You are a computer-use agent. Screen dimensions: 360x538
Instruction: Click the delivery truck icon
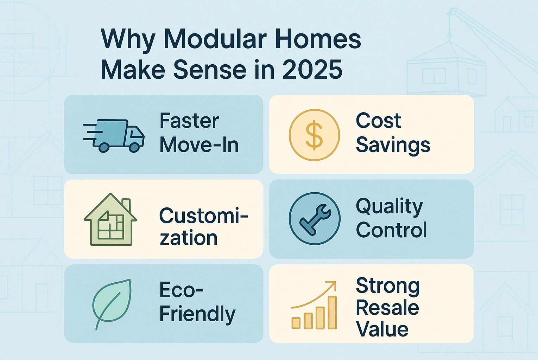116,135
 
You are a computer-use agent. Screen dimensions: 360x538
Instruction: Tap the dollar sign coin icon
314,135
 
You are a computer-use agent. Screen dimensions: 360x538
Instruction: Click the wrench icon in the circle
314,218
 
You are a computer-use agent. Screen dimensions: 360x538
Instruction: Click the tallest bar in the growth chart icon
332,312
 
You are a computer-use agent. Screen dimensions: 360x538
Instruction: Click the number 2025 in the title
312,70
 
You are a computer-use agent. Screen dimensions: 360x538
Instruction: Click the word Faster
189,121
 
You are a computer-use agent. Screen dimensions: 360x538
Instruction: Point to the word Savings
393,146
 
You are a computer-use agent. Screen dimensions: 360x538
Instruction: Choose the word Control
391,230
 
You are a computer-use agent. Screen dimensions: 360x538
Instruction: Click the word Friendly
197,314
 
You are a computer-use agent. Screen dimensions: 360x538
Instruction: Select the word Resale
387,308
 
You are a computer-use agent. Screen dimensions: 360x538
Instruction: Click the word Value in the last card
382,329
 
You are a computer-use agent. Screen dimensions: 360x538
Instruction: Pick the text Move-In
199,145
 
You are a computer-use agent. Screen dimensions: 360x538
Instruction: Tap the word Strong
388,286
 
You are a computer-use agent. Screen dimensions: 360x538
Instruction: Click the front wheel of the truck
134,147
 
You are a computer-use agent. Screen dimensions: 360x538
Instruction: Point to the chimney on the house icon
126,205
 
